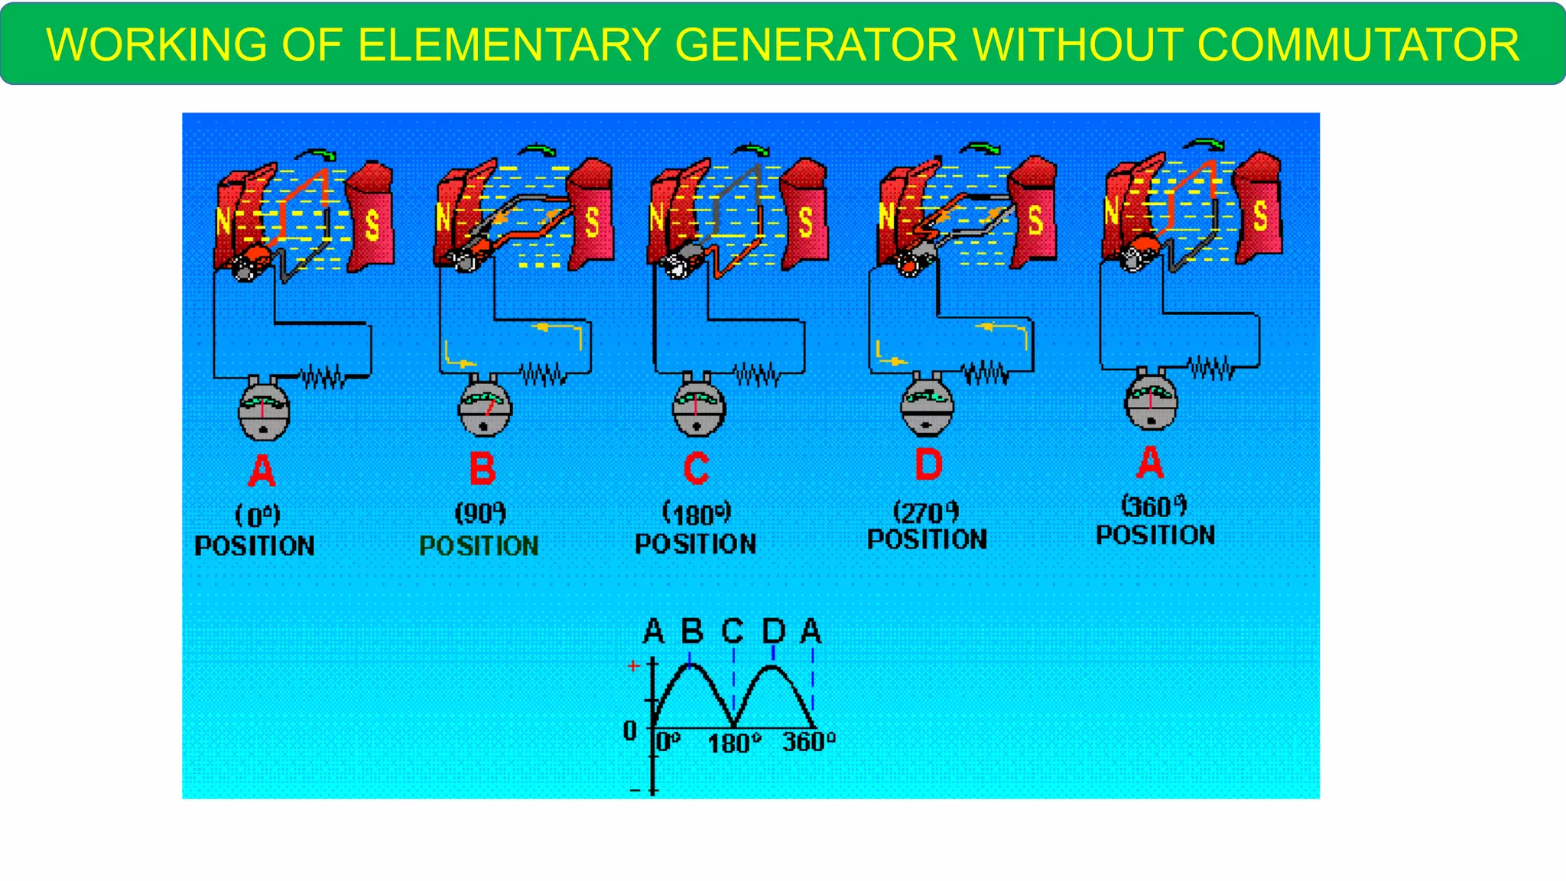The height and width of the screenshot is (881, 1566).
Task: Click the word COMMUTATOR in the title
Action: click(x=1358, y=44)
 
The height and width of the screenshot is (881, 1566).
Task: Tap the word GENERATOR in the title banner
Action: click(x=816, y=44)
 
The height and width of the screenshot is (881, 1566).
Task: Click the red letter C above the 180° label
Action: click(x=696, y=468)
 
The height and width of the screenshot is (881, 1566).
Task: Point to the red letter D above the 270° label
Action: click(x=928, y=463)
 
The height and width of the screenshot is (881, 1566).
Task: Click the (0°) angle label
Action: click(x=258, y=515)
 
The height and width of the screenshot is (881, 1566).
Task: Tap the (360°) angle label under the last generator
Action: click(x=1154, y=506)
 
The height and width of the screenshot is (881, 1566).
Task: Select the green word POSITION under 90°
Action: click(x=479, y=545)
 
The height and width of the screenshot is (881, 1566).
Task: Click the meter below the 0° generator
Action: click(x=264, y=410)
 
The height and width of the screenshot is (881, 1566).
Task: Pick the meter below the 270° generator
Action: click(x=927, y=405)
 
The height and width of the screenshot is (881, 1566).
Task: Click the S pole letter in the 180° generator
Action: click(x=805, y=222)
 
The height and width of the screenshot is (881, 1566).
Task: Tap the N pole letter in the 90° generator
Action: click(x=443, y=217)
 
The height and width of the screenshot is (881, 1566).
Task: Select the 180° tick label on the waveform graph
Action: click(x=734, y=743)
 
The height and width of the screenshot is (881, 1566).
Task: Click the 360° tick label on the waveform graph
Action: click(x=808, y=741)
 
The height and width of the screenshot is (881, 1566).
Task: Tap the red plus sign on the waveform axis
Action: click(x=633, y=666)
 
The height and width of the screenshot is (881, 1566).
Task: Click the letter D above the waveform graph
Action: click(x=774, y=632)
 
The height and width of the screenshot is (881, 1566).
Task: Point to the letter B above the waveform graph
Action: click(x=691, y=632)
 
